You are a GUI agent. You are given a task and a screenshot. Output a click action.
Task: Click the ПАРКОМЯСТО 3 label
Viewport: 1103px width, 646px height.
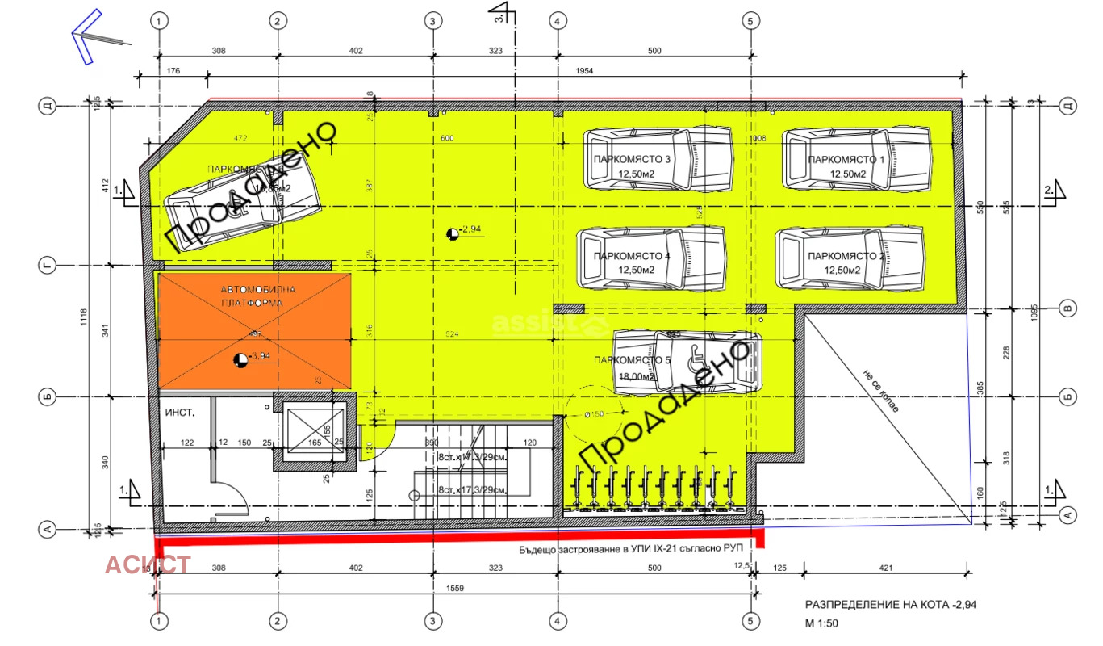632,159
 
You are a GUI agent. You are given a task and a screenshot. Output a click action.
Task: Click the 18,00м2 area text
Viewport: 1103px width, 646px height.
637,376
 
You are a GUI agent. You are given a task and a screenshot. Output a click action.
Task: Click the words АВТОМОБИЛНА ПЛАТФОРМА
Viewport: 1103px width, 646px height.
253,296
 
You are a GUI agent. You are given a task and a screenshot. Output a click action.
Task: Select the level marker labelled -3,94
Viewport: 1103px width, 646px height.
240,359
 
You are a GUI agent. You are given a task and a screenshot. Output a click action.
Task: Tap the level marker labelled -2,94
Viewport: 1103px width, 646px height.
453,233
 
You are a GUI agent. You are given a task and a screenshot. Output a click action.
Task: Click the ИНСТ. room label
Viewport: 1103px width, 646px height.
178,413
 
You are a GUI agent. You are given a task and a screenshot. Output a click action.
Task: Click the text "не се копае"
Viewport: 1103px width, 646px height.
878,388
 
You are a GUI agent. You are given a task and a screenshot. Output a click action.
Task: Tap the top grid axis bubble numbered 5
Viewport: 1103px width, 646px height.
751,21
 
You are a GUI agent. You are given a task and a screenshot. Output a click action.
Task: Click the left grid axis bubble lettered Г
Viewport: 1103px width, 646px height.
48,265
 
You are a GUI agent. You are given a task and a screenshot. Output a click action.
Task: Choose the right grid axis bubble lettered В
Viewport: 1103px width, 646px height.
1067,308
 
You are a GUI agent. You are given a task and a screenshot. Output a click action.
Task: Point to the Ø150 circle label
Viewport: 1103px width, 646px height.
595,415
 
